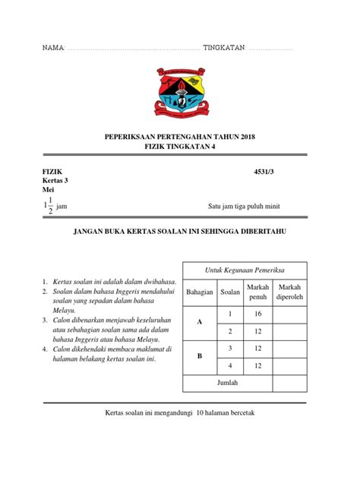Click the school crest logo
point(180,94)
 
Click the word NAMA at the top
point(53,48)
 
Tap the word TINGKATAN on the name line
point(224,48)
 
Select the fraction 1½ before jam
point(49,206)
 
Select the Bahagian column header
point(200,292)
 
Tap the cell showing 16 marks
point(257,313)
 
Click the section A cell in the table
point(200,322)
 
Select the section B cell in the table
point(200,356)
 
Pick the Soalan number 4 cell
point(229,365)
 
